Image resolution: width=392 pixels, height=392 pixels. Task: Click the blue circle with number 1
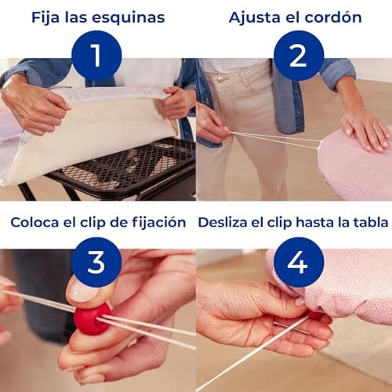click(x=96, y=56)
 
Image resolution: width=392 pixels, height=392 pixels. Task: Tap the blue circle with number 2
click(x=299, y=56)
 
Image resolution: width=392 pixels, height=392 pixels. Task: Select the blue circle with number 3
click(x=96, y=262)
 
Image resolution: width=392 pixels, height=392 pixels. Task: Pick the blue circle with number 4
click(x=299, y=262)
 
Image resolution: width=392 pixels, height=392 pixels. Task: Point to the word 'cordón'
click(x=332, y=17)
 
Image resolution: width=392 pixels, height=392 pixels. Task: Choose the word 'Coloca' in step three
click(x=34, y=222)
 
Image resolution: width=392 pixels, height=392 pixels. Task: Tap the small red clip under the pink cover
click(x=315, y=314)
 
